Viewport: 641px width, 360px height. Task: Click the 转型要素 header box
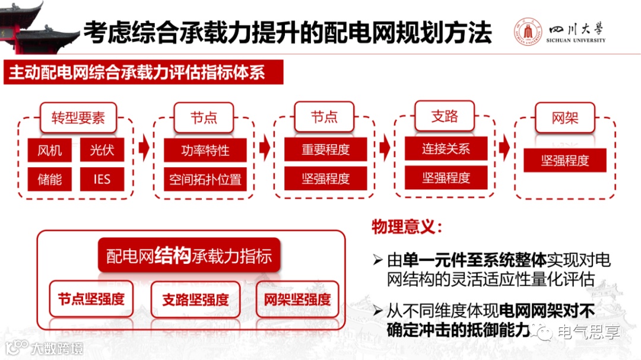point(78,117)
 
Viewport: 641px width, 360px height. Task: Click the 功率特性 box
point(205,151)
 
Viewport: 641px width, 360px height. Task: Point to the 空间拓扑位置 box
point(205,179)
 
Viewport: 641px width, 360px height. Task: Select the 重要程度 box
point(325,150)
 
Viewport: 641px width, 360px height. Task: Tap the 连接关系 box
point(446,149)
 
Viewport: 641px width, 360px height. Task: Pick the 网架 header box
point(564,117)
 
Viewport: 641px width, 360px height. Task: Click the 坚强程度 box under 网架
point(564,161)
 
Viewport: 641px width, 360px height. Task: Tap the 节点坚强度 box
point(91,299)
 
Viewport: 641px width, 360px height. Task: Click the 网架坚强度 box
point(297,300)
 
